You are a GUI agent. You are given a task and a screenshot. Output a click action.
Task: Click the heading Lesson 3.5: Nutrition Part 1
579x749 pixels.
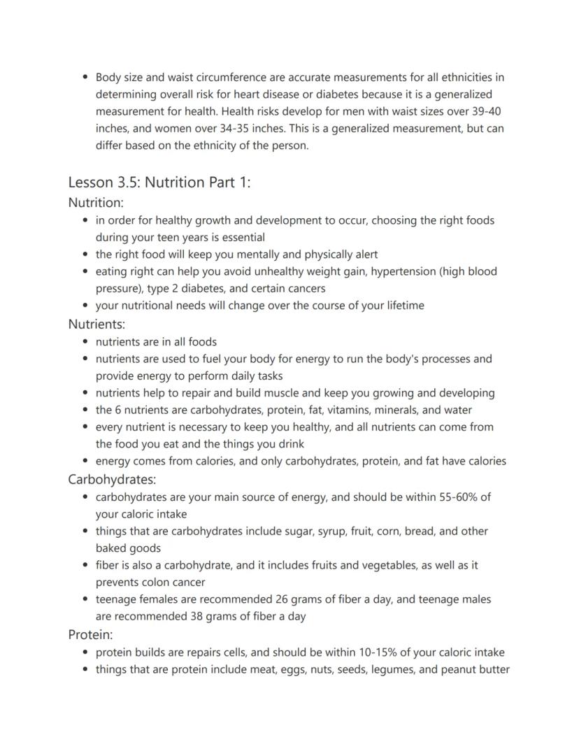click(159, 183)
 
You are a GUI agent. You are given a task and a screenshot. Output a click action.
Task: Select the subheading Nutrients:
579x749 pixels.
click(96, 324)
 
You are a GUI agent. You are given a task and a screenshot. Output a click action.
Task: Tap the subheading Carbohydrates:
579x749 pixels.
click(112, 479)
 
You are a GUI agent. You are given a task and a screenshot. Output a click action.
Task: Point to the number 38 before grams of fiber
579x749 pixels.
click(197, 616)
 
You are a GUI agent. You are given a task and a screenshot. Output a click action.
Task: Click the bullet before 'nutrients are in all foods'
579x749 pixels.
click(85, 342)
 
